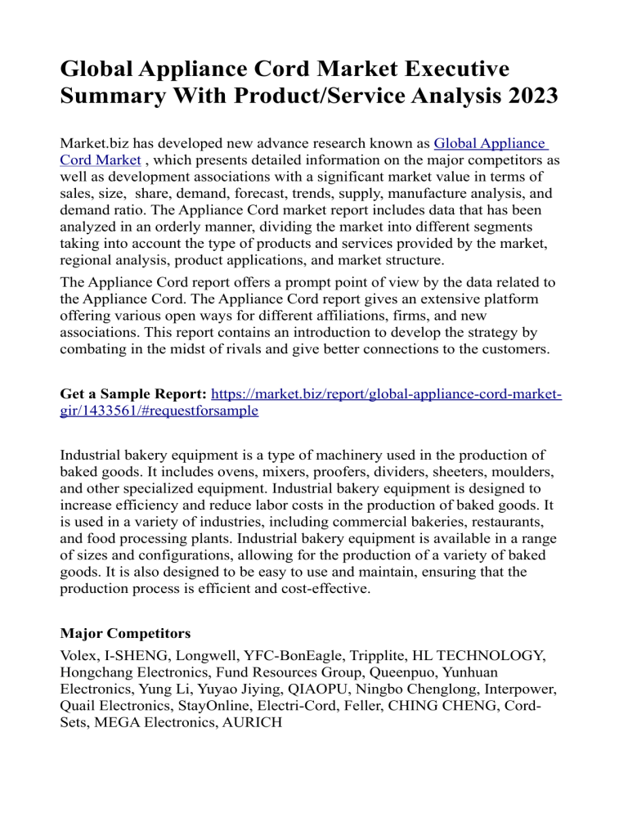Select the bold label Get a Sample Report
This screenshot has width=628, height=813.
click(x=133, y=394)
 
